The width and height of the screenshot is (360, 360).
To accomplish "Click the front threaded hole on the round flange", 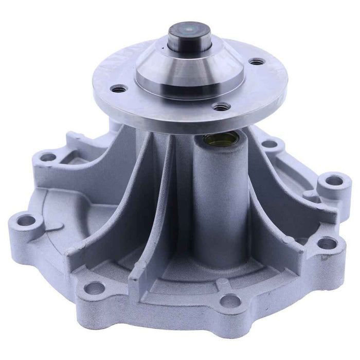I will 221,107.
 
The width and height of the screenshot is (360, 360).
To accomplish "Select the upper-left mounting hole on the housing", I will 48,157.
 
